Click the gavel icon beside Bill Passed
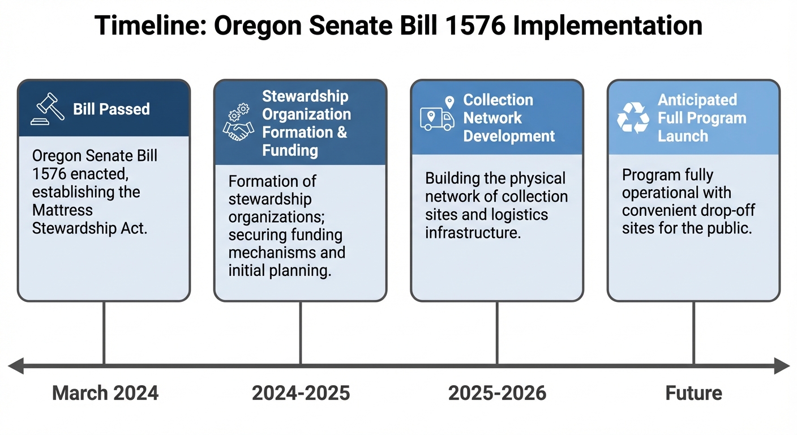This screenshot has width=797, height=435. (x=48, y=109)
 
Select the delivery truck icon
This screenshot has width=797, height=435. (x=437, y=118)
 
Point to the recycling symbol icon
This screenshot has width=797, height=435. (x=633, y=117)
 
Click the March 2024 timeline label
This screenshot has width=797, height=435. (x=105, y=393)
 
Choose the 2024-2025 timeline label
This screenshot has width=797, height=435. (x=301, y=393)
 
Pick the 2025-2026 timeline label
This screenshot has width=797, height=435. (x=497, y=393)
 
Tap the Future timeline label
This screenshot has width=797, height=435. (x=693, y=393)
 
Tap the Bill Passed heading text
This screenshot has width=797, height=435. (x=112, y=109)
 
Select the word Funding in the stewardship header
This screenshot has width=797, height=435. (x=290, y=150)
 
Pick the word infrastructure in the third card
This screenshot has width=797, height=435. (x=473, y=232)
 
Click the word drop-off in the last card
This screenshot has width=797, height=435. (x=726, y=211)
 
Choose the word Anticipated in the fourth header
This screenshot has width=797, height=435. (x=697, y=100)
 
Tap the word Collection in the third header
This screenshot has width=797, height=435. (x=498, y=100)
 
